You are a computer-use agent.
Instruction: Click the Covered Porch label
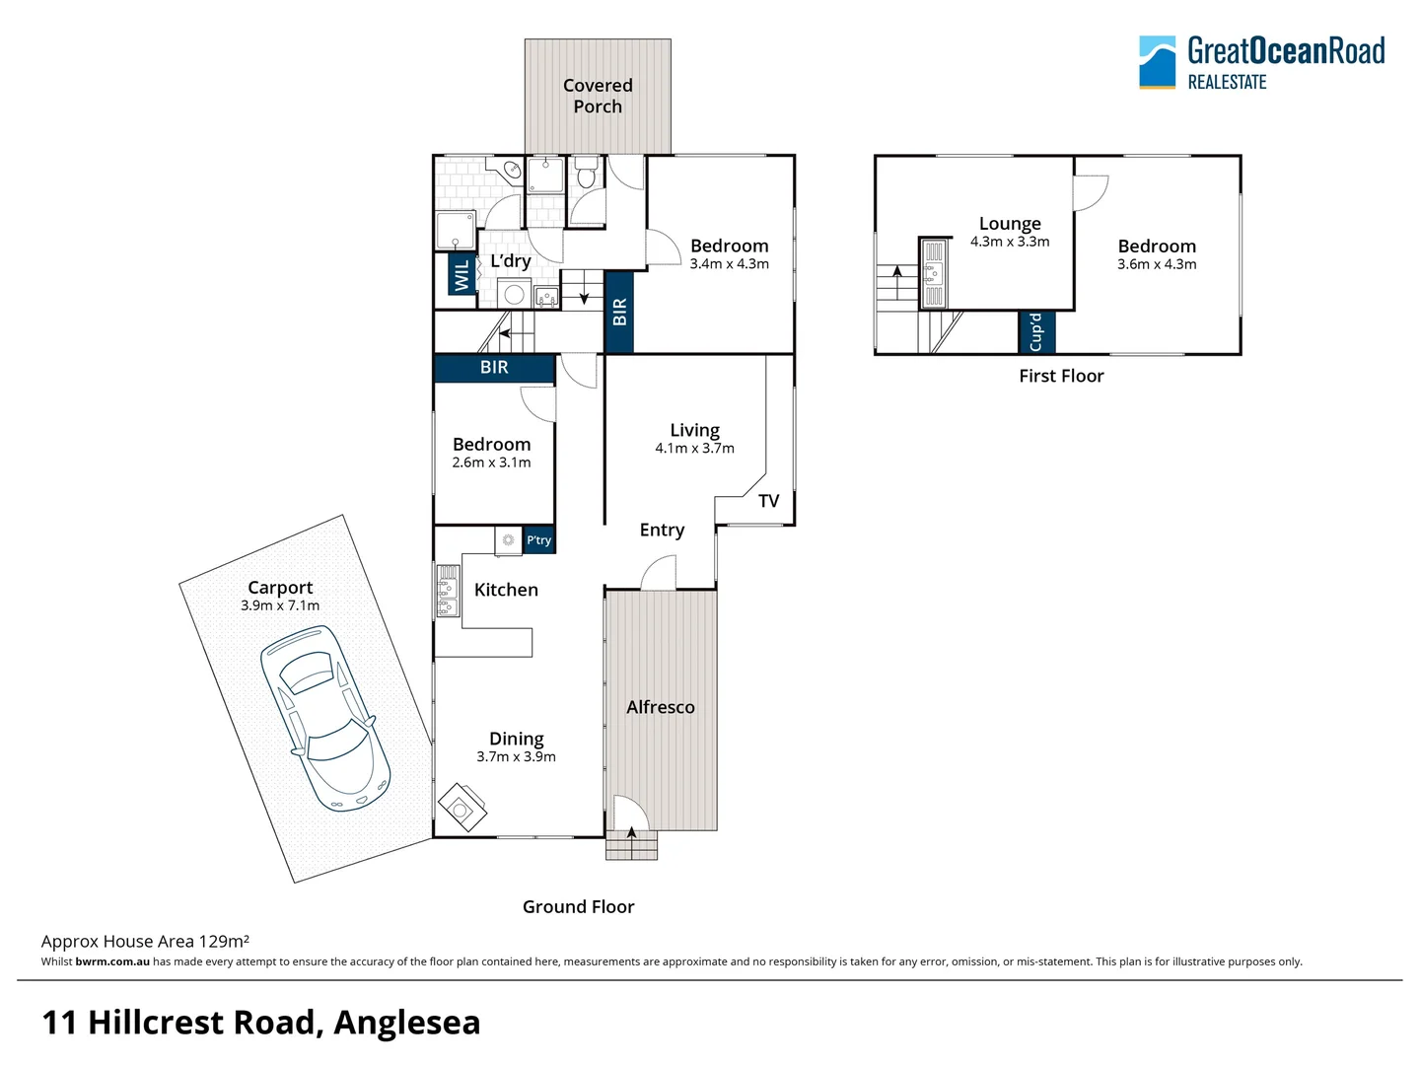[x=598, y=96]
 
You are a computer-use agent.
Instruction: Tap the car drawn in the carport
[x=324, y=718]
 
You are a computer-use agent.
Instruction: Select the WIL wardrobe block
[x=461, y=275]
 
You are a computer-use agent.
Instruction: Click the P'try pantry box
[x=538, y=539]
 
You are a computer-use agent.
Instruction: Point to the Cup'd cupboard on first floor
[x=1036, y=332]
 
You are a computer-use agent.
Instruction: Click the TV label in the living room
[x=769, y=501]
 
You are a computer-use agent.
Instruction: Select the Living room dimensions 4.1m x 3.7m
[x=694, y=449]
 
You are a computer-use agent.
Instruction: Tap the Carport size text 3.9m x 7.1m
[x=280, y=605]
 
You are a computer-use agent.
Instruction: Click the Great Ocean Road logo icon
[x=1157, y=62]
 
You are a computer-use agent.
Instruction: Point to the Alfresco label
[x=661, y=707]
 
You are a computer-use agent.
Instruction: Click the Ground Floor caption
[x=578, y=906]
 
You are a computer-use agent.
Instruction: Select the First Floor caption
[x=1061, y=376]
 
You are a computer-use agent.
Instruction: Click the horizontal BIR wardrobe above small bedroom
[x=494, y=368]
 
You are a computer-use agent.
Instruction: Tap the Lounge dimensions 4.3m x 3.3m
[x=1009, y=242]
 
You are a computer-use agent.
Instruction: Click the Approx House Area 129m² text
[x=145, y=941]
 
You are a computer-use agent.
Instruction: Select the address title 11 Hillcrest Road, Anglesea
[x=261, y=1023]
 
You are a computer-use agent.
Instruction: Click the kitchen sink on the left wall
[x=448, y=590]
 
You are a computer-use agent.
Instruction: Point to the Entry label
[x=662, y=530]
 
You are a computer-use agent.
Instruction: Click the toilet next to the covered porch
[x=586, y=175]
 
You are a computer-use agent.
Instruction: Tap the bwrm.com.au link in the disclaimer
[x=112, y=961]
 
